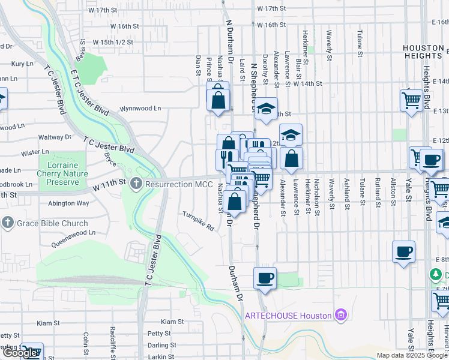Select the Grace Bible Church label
click(52, 223)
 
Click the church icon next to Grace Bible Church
click(8, 223)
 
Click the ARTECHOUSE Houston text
click(288, 316)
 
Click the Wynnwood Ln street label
click(140, 109)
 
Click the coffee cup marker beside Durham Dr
click(265, 278)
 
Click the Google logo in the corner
click(22, 352)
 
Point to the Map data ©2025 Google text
click(411, 355)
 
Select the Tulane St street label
click(360, 41)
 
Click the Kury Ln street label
click(22, 63)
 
